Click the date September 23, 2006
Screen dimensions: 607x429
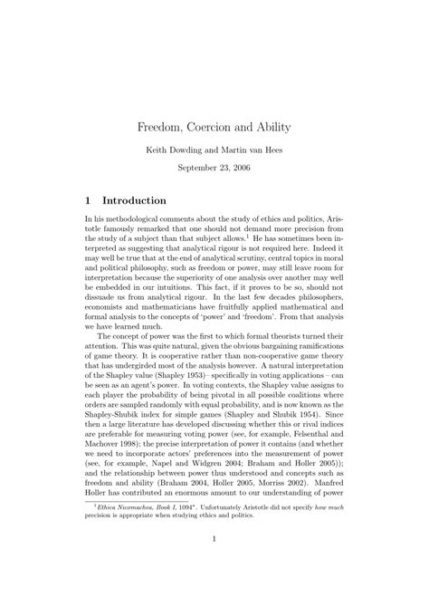pos(214,169)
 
